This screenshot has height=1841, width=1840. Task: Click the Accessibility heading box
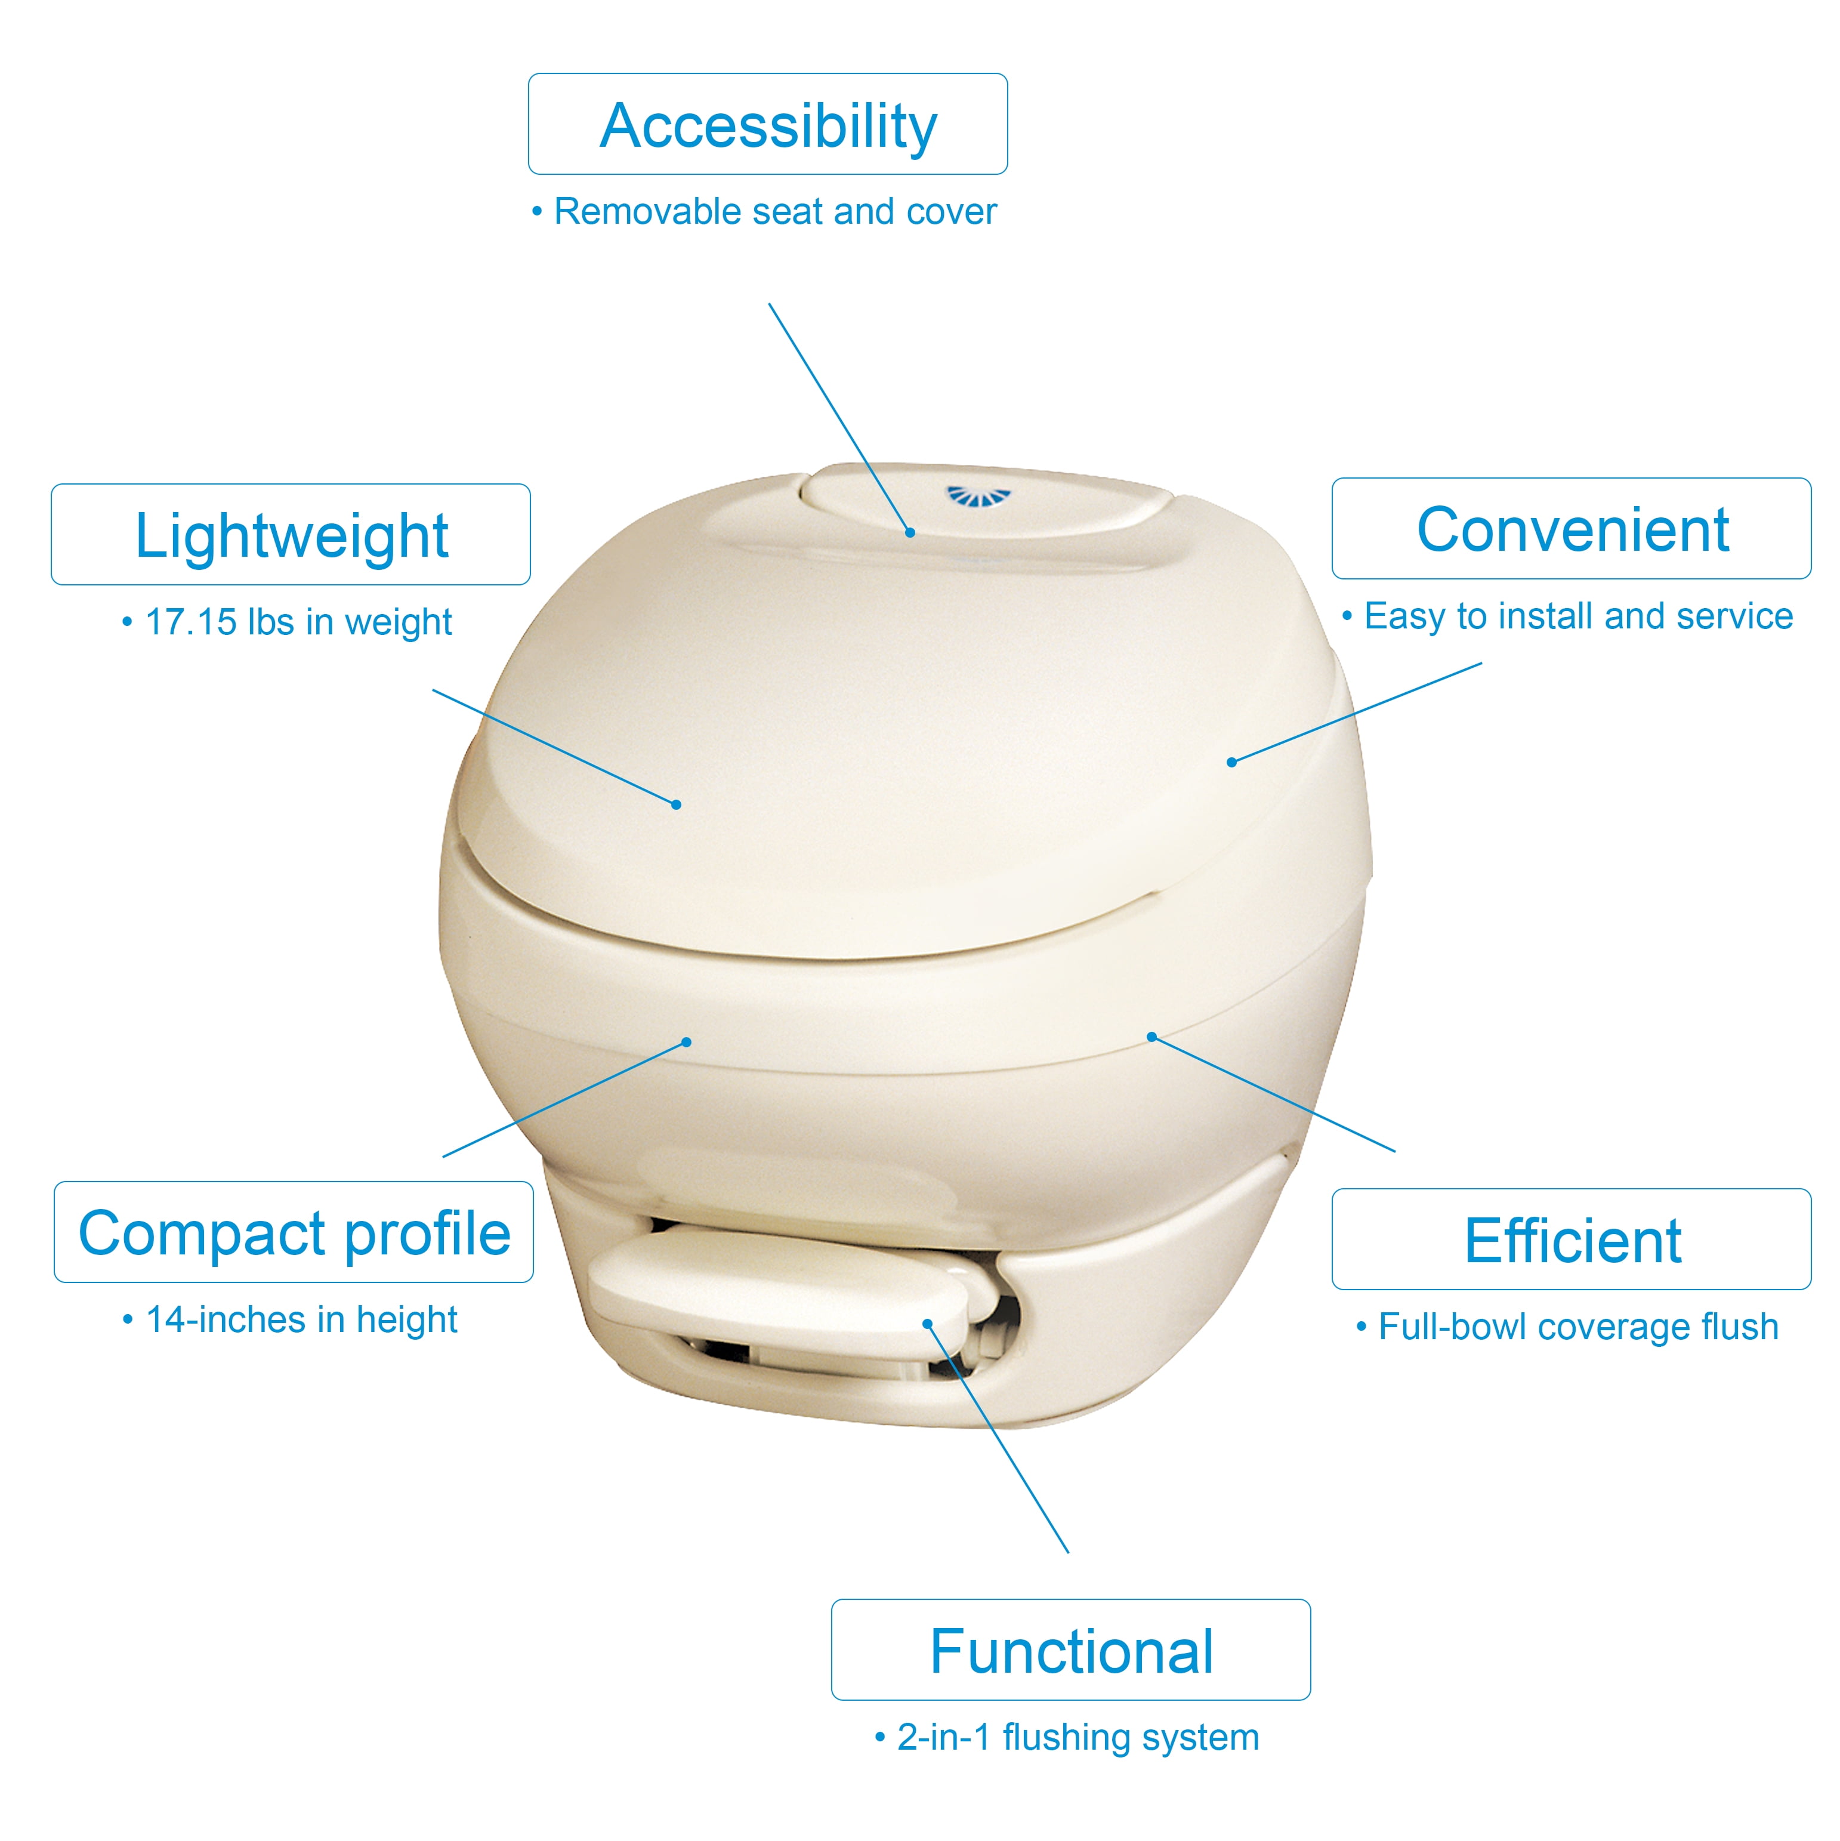768,124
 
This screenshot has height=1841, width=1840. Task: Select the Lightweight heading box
291,535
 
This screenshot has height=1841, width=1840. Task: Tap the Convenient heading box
1572,529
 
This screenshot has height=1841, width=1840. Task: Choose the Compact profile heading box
294,1232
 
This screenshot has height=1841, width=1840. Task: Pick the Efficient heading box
1572,1239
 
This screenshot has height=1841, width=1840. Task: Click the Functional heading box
1071,1649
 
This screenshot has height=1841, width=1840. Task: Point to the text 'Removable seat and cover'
774,211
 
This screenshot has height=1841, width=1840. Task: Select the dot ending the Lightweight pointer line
677,805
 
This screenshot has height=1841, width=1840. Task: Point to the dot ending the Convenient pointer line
1231,762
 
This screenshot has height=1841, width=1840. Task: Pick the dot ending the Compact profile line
687,1041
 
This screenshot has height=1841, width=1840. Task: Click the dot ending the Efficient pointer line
1151,1037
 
